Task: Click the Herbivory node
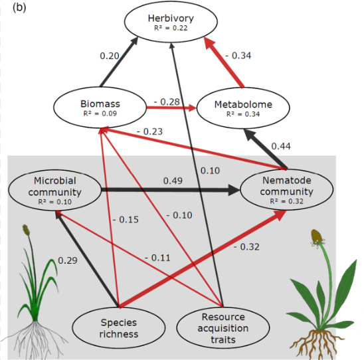pyautogui.click(x=171, y=22)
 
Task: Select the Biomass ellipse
pyautogui.click(x=100, y=107)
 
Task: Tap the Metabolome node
pyautogui.click(x=243, y=108)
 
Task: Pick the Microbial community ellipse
pyautogui.click(x=54, y=190)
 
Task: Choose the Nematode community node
pyautogui.click(x=287, y=189)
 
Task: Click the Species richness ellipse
pyautogui.click(x=119, y=327)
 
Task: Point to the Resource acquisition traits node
pyautogui.click(x=223, y=327)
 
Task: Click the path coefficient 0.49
pyautogui.click(x=173, y=181)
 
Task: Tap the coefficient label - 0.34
pyautogui.click(x=238, y=56)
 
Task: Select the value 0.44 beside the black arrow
pyautogui.click(x=281, y=146)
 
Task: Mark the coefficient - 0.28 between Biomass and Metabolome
pyautogui.click(x=167, y=102)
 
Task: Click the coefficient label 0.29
pyautogui.click(x=68, y=260)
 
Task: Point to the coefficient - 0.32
pyautogui.click(x=246, y=246)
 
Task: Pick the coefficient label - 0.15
pyautogui.click(x=126, y=220)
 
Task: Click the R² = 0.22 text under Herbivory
pyautogui.click(x=171, y=28)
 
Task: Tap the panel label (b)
pyautogui.click(x=19, y=7)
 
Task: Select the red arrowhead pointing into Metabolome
pyautogui.click(x=193, y=108)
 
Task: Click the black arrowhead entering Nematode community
pyautogui.click(x=234, y=190)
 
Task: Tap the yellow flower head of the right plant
pyautogui.click(x=317, y=236)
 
